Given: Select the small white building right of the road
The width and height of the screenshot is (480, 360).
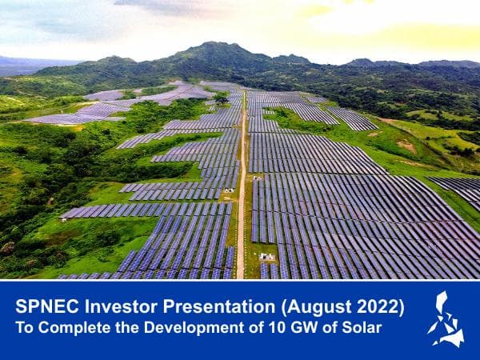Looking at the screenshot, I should [267, 257].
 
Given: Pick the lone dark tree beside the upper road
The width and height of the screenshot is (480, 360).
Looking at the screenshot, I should [221, 99].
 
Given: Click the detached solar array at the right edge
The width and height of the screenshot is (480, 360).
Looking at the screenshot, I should [461, 189].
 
